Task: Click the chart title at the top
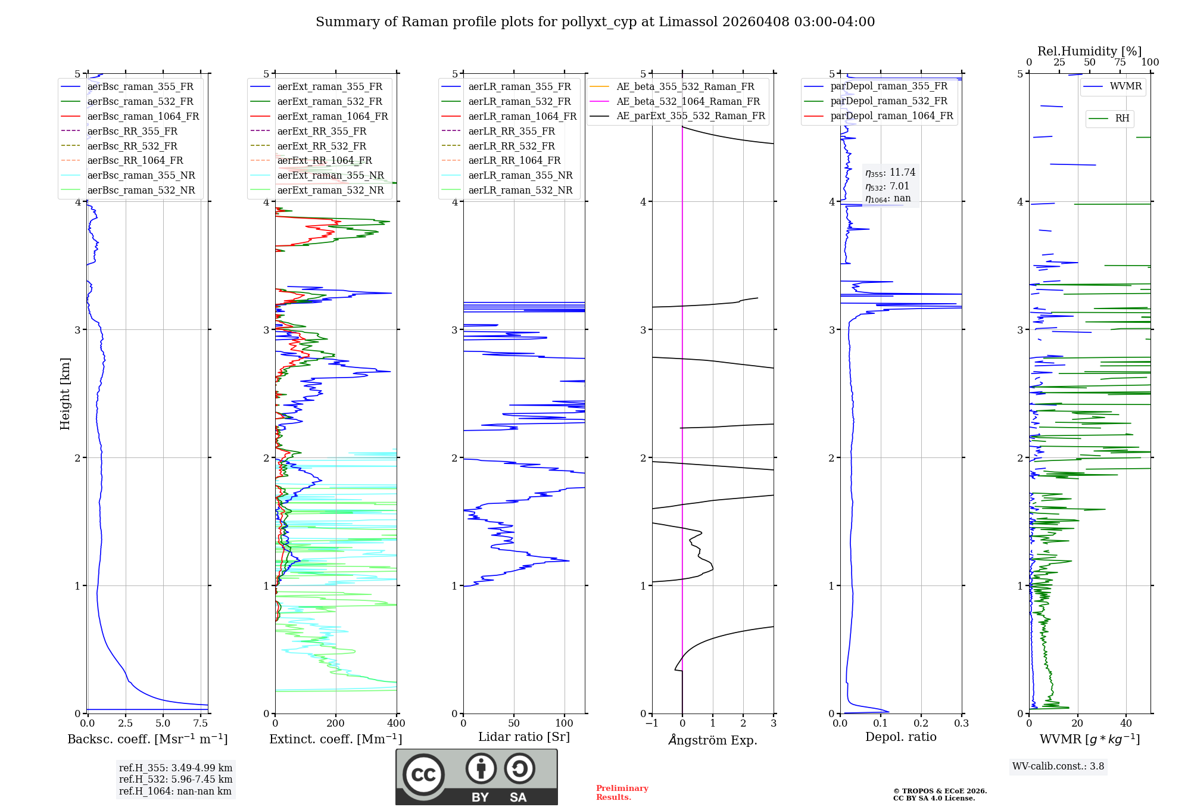coord(595,22)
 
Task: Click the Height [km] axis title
coord(65,394)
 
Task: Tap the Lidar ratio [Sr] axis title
coord(524,737)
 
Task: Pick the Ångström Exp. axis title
coord(713,740)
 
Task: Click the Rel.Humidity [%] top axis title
coord(1089,51)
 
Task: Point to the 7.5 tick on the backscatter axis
coord(201,724)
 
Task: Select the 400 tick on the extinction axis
coord(397,724)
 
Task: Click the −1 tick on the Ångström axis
coord(651,724)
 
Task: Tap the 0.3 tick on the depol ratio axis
coord(962,724)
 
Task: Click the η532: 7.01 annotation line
coord(887,186)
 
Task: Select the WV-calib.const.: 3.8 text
coord(1058,767)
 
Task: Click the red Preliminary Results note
coord(622,793)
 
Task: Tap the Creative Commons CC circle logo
coord(423,775)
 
